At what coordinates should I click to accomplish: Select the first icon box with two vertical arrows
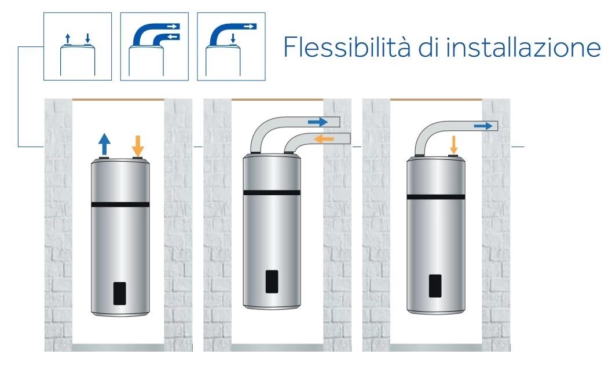click(78, 47)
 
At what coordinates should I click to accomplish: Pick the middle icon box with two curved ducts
click(154, 47)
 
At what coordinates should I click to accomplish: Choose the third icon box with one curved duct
click(230, 47)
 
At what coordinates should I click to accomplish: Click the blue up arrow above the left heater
click(104, 142)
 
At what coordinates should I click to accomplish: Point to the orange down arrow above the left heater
click(138, 144)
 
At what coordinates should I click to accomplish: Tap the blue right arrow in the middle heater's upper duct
click(317, 122)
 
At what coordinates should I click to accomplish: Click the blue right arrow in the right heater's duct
click(482, 125)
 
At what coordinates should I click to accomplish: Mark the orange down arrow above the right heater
click(453, 144)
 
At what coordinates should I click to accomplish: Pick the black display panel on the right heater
click(436, 286)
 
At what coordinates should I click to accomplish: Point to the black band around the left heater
click(120, 204)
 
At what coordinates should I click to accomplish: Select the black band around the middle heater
click(272, 192)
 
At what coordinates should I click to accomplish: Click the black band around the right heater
click(437, 197)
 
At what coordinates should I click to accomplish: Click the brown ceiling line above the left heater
click(118, 100)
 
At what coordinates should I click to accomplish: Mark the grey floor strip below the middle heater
click(277, 348)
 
